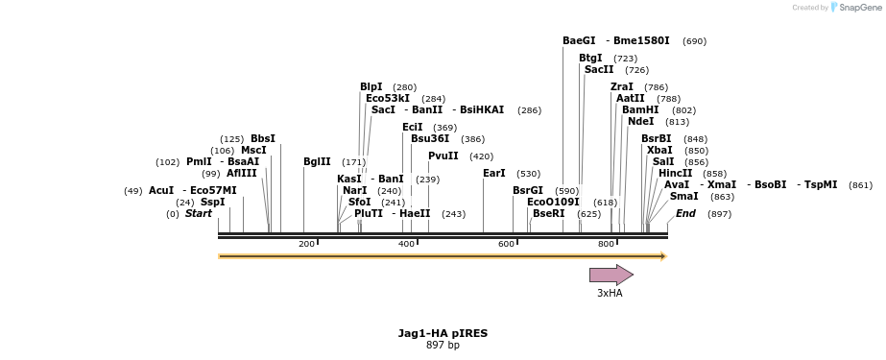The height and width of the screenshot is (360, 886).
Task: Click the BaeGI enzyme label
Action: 579,41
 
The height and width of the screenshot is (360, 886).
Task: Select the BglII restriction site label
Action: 317,162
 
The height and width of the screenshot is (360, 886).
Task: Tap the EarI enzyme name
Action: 493,174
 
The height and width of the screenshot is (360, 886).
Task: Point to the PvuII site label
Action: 443,156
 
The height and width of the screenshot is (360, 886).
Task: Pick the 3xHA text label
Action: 610,294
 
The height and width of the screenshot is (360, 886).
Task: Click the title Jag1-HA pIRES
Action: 443,333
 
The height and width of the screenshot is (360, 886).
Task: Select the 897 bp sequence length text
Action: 443,346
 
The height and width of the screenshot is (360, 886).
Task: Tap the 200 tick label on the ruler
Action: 306,244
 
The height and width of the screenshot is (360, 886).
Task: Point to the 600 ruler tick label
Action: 506,244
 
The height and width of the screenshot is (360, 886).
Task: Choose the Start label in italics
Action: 199,213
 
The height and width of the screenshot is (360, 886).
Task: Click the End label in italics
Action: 685,213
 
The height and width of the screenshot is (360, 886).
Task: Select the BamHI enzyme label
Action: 640,110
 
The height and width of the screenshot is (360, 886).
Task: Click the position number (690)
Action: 694,41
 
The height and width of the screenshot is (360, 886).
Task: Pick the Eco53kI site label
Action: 388,98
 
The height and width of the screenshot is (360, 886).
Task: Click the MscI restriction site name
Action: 253,151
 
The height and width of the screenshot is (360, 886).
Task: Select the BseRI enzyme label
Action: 549,214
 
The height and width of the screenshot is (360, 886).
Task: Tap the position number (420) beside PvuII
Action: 481,156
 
